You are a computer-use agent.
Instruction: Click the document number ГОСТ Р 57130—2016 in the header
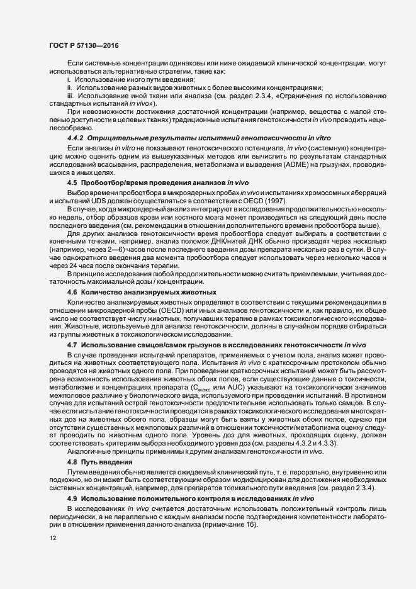pos(83,45)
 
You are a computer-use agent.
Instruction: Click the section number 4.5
pos(72,182)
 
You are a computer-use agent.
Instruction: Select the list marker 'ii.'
pos(70,88)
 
